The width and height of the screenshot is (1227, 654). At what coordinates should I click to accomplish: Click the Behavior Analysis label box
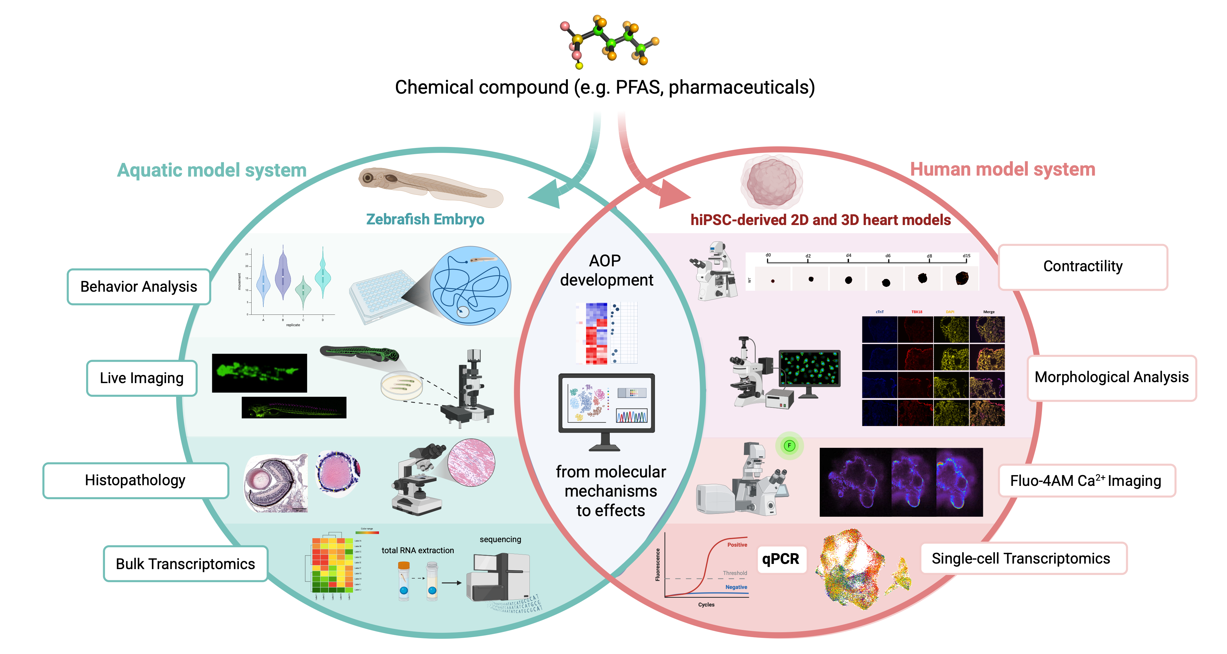(138, 287)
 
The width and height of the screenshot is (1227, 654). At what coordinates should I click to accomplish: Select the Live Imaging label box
(141, 378)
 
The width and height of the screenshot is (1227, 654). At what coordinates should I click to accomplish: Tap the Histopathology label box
(135, 480)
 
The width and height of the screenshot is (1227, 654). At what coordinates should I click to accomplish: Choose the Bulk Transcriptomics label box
(185, 564)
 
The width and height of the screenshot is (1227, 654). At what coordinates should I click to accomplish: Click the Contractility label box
(1082, 266)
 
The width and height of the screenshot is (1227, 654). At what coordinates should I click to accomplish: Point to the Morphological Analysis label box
(1111, 377)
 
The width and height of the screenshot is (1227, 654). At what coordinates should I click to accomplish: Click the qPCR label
(780, 559)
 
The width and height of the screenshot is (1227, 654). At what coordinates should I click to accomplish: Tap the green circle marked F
(789, 446)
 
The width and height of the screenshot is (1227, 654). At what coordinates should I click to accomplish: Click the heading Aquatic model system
(212, 170)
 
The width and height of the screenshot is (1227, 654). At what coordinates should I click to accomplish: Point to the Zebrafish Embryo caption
(425, 219)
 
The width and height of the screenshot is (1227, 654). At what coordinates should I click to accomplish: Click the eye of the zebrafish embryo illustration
(368, 178)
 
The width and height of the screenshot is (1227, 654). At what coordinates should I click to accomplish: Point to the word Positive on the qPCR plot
(737, 545)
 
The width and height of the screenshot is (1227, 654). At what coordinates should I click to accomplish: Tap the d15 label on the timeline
(966, 256)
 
